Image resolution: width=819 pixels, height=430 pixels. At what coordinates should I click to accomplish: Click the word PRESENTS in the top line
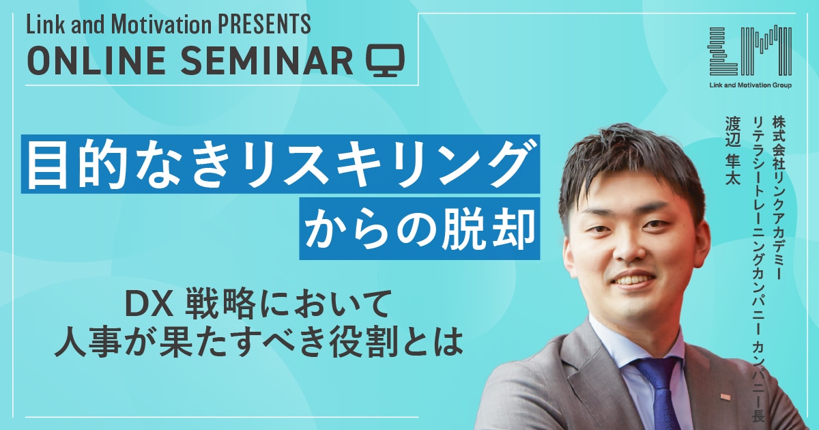pyautogui.click(x=264, y=25)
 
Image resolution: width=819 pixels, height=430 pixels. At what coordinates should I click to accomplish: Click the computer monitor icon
pyautogui.click(x=386, y=60)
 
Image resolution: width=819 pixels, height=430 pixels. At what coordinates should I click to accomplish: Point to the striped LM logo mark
pyautogui.click(x=750, y=51)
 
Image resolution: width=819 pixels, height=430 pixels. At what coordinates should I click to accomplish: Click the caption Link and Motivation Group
pyautogui.click(x=750, y=85)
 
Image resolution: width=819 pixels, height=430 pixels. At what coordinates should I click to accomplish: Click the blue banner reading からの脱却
pyautogui.click(x=419, y=229)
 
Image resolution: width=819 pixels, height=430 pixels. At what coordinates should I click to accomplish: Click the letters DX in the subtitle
pyautogui.click(x=149, y=304)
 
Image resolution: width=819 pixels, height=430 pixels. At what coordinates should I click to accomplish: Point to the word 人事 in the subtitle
pyautogui.click(x=88, y=344)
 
